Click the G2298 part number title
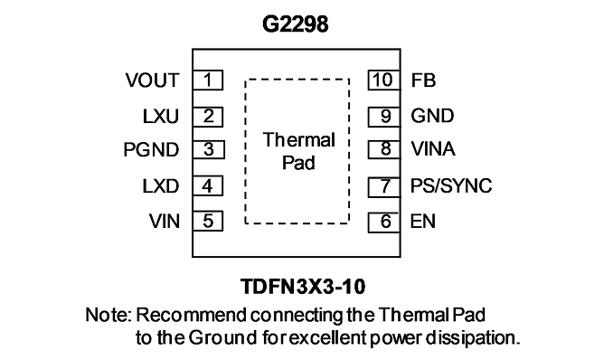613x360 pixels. [x=295, y=24]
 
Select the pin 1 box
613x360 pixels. [x=208, y=81]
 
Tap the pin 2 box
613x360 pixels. [x=208, y=117]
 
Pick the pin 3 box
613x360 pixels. [x=208, y=149]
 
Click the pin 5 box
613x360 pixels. [x=208, y=221]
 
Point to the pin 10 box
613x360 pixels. [x=384, y=80]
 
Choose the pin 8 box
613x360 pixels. [x=384, y=149]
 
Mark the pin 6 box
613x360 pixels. [x=384, y=223]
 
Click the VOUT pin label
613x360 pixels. [x=153, y=81]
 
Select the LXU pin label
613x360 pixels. [x=161, y=117]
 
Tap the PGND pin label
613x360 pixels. [x=151, y=150]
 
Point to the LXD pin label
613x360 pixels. [x=161, y=186]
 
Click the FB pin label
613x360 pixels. [x=423, y=81]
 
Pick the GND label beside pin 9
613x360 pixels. [x=432, y=116]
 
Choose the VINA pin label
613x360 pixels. [x=433, y=149]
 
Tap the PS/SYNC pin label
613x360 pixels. [x=451, y=185]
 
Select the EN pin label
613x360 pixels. [x=423, y=222]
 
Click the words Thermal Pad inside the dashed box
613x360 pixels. [x=298, y=151]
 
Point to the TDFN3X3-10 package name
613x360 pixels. [x=303, y=287]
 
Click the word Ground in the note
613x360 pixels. [x=222, y=337]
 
